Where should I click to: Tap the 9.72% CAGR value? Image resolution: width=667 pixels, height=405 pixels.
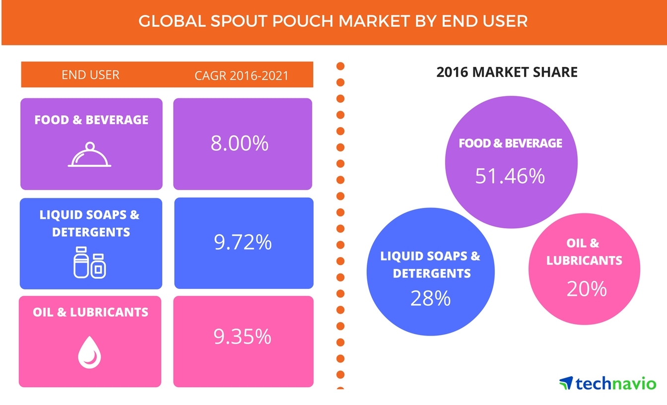tap(243, 243)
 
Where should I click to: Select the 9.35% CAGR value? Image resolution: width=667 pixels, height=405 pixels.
tap(243, 337)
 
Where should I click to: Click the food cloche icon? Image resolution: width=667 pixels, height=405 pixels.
tap(90, 155)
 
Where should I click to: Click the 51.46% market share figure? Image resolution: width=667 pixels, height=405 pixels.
tap(510, 176)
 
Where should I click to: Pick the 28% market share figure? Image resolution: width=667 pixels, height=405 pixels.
tap(430, 298)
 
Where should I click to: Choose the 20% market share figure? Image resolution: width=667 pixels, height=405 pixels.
tap(587, 289)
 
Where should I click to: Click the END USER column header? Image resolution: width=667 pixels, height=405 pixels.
tap(90, 75)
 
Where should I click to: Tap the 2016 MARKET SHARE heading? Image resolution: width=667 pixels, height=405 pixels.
tap(507, 72)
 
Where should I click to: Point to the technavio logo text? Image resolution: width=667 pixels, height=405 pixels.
tap(615, 383)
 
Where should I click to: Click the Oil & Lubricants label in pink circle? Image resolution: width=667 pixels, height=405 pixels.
tap(584, 252)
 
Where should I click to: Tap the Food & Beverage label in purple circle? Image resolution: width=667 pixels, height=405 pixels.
tap(510, 143)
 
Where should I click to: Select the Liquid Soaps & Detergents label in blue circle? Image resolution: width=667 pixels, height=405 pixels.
tap(430, 265)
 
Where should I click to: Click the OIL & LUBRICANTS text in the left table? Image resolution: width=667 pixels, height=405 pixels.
tap(90, 312)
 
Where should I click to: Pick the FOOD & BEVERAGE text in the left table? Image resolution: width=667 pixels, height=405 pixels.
tap(91, 120)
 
